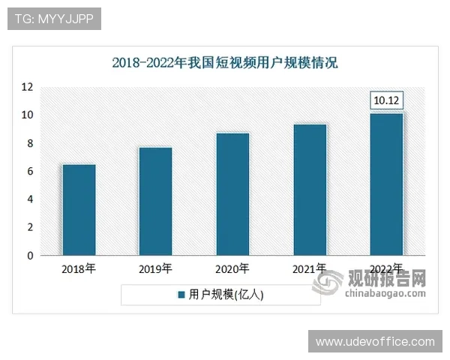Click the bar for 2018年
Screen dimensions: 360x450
click(x=78, y=210)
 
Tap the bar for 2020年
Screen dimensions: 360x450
click(x=232, y=194)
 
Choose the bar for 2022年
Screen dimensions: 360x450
click(x=387, y=184)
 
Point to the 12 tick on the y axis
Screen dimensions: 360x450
click(x=28, y=87)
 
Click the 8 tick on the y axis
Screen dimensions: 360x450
click(x=31, y=143)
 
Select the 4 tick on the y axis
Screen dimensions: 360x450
click(x=31, y=199)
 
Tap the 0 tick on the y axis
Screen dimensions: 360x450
click(x=31, y=256)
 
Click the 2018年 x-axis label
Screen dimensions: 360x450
click(x=78, y=268)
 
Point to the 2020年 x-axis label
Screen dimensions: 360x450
click(x=232, y=268)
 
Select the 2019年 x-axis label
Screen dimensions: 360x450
click(x=155, y=268)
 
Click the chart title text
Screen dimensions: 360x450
click(x=225, y=62)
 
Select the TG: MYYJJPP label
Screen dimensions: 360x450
click(x=54, y=19)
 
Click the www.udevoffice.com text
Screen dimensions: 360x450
click(x=375, y=342)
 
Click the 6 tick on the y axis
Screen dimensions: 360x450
click(x=31, y=172)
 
